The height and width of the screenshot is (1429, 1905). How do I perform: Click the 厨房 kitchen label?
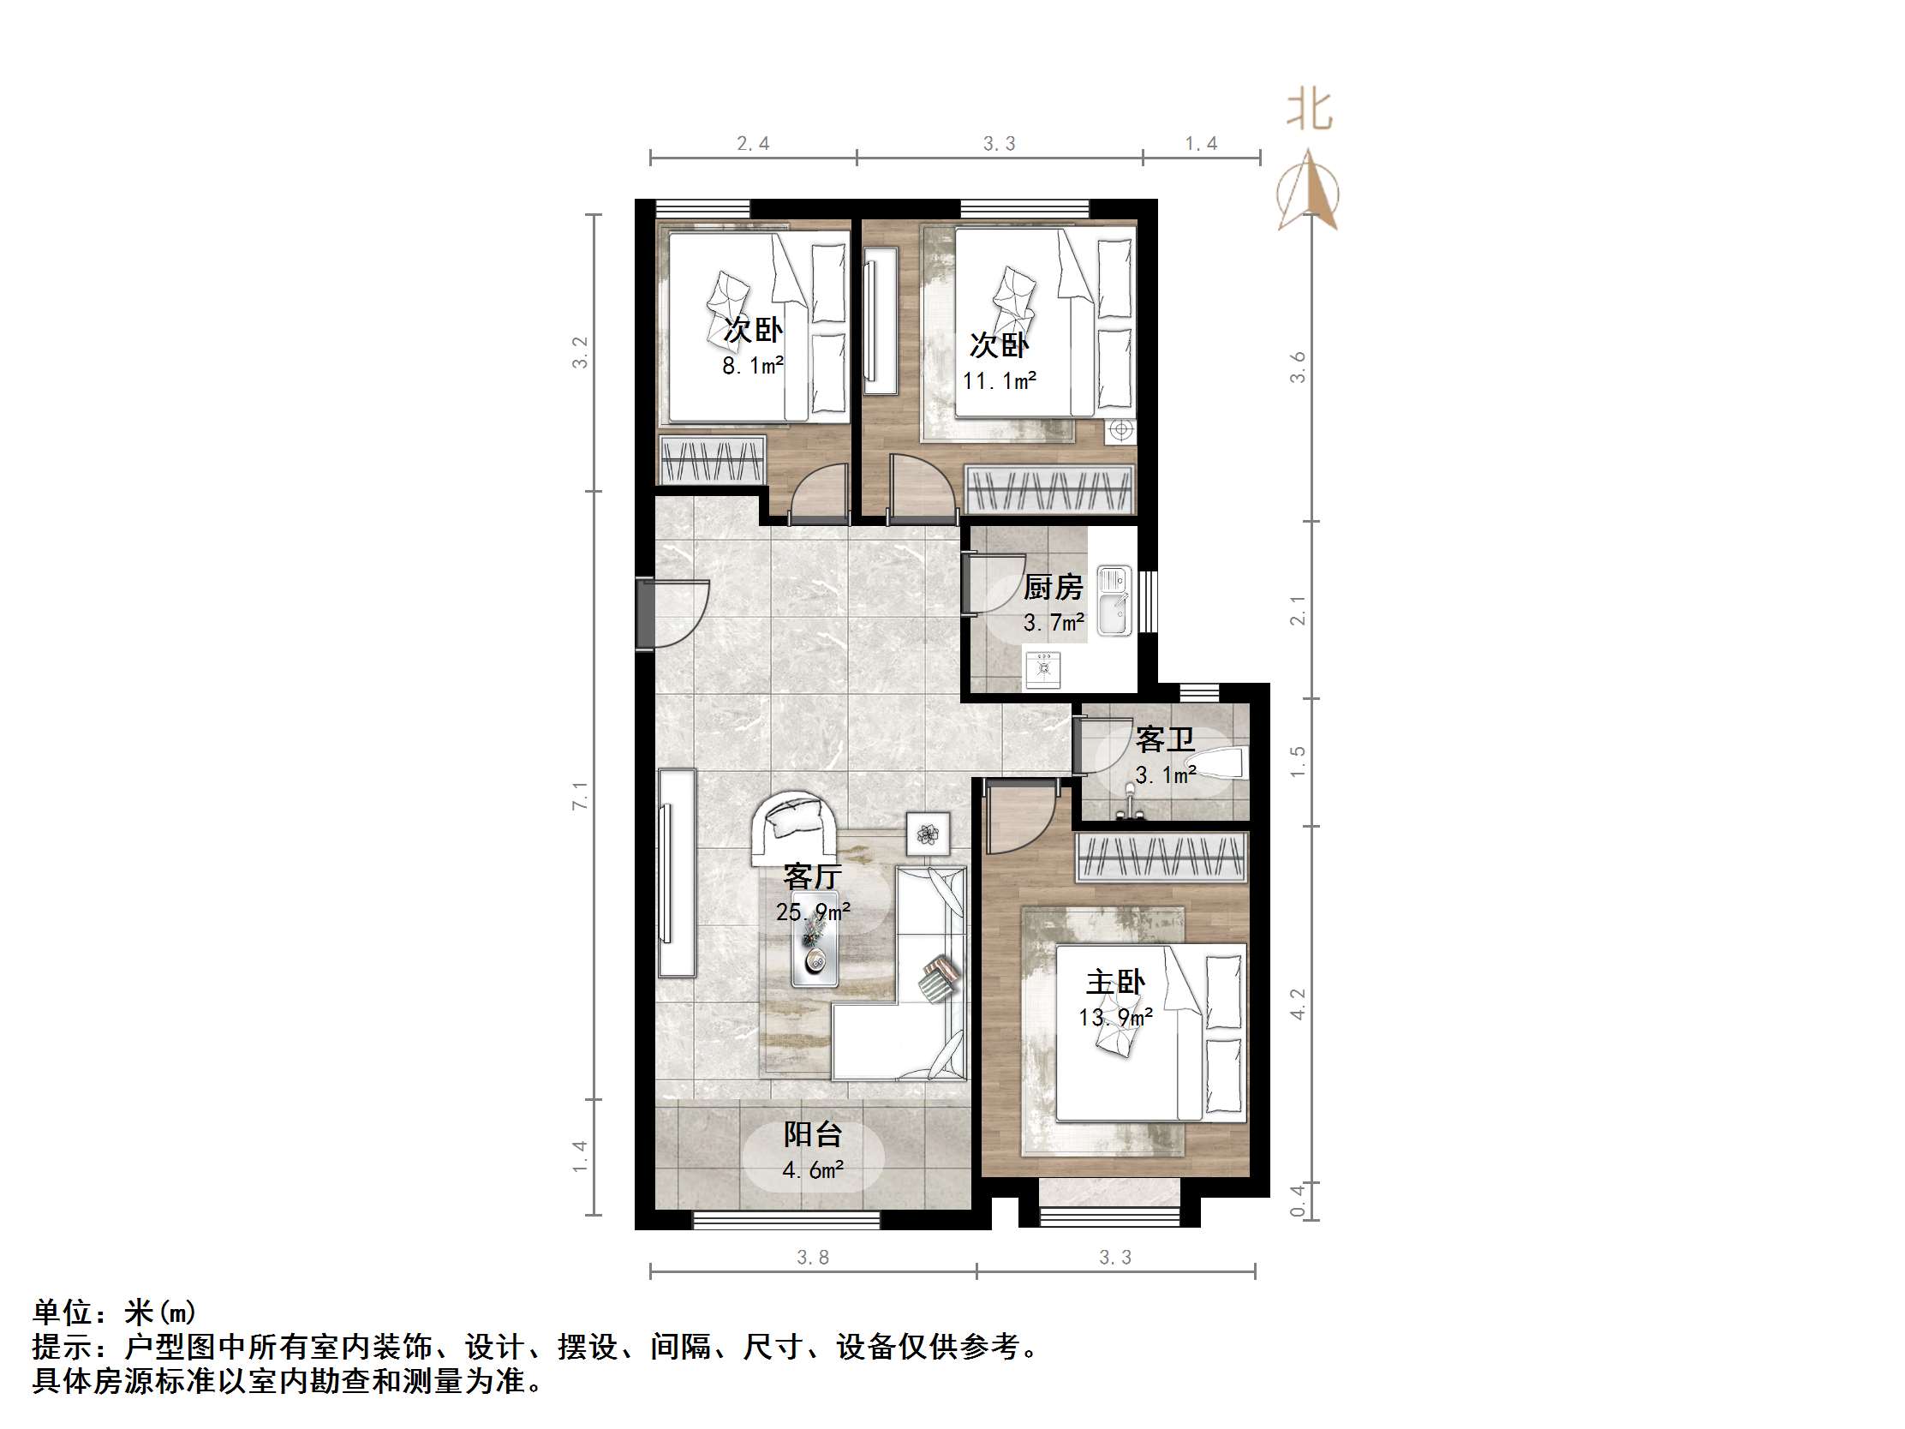point(1053,588)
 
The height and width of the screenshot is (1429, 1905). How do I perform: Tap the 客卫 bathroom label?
point(1164,739)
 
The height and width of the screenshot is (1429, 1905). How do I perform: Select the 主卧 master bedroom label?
point(1115,982)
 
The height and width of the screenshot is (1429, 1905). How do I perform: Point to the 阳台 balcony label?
point(812,1134)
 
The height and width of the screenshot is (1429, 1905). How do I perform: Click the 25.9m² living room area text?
point(813,912)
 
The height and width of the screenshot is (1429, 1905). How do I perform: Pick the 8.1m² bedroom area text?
point(753,366)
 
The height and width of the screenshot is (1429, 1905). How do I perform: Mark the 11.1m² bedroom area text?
point(999,380)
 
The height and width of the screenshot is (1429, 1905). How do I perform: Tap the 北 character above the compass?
point(1309,111)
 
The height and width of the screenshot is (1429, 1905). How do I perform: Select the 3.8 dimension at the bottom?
point(812,1258)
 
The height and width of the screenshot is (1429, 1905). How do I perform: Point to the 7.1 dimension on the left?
point(581,795)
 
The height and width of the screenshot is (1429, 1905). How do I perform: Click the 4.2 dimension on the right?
point(1298,1004)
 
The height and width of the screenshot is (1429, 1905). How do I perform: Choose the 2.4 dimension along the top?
point(753,144)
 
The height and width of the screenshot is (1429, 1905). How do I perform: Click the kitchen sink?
point(1114,601)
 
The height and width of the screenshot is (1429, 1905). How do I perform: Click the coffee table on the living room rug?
point(815,939)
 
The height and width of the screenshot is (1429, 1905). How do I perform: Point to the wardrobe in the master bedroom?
point(1161,857)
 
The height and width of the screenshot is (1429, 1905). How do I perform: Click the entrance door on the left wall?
point(646,614)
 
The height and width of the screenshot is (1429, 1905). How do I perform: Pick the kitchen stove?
point(1043,669)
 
